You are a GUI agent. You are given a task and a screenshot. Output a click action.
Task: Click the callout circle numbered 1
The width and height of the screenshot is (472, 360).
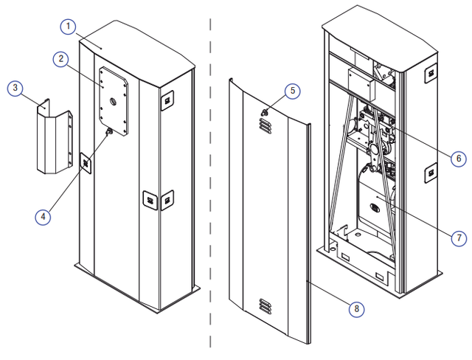click(68, 27)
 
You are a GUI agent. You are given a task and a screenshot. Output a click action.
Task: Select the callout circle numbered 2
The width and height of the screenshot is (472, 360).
click(60, 59)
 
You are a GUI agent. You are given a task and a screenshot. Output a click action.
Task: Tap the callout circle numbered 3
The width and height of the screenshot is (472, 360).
click(15, 89)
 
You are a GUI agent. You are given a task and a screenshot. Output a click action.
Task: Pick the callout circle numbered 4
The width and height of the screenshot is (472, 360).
click(43, 217)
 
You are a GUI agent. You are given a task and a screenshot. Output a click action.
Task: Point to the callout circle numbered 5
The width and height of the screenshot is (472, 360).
click(293, 91)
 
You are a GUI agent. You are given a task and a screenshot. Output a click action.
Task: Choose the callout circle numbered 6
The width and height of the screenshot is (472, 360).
click(459, 159)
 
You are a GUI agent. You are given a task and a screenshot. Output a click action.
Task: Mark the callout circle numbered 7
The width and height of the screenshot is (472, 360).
click(459, 238)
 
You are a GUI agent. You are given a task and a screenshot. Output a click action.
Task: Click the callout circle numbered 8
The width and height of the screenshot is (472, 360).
click(357, 309)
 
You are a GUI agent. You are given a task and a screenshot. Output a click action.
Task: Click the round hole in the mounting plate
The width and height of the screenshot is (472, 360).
click(114, 102)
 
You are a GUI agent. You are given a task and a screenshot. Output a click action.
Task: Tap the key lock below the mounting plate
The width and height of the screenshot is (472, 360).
click(109, 131)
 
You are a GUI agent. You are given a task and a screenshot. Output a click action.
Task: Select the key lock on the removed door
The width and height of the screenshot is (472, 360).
click(264, 113)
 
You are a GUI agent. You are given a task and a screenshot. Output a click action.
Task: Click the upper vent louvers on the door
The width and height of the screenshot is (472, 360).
click(265, 125)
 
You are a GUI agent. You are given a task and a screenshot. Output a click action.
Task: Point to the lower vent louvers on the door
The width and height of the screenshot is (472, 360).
click(265, 306)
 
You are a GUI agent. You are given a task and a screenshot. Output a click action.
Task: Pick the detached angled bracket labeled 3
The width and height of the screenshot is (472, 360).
click(54, 139)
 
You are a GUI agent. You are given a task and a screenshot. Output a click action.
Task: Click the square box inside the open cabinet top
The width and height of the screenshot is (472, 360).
click(362, 85)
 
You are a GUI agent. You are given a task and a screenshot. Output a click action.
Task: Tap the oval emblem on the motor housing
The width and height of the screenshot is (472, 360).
click(374, 208)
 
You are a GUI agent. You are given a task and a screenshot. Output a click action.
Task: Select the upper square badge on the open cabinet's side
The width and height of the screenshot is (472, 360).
click(431, 73)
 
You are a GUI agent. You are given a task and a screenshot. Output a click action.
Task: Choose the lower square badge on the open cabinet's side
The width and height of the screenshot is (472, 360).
click(431, 173)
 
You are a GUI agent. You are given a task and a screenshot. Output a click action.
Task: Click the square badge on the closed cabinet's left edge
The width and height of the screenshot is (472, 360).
click(86, 163)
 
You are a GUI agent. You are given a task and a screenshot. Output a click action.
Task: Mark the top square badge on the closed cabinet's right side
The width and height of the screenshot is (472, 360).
click(167, 100)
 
